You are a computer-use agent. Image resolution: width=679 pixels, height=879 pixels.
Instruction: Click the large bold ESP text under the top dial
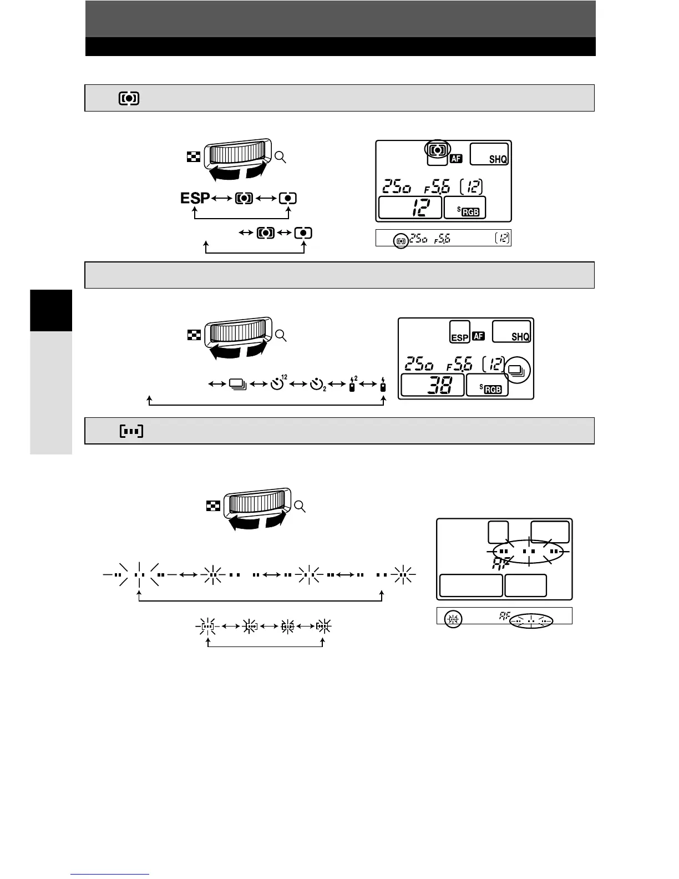195,198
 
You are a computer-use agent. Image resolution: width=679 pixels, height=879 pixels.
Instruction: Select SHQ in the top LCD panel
498,159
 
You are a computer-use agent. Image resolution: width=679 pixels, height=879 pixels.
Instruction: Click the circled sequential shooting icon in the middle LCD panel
519,369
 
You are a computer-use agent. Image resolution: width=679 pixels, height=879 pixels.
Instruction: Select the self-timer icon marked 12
278,383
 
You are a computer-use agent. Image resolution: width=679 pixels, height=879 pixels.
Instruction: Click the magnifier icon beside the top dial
281,158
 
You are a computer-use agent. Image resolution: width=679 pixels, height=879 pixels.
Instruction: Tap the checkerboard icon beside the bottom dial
213,506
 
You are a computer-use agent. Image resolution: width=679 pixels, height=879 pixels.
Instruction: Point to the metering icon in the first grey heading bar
129,98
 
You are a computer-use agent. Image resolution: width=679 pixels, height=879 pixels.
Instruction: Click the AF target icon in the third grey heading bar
131,431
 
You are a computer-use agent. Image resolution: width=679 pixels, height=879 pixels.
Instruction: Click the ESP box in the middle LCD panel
460,332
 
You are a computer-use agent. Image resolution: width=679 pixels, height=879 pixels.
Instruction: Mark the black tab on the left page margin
51,310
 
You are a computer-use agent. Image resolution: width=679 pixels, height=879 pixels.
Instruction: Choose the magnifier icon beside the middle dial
281,335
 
